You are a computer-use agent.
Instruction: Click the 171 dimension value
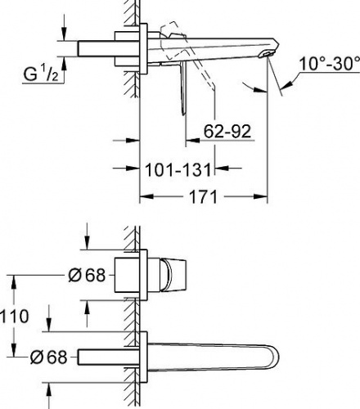pyautogui.click(x=203, y=196)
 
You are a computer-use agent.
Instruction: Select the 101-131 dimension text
pyautogui.click(x=178, y=169)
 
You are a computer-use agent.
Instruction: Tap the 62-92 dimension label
pyautogui.click(x=227, y=132)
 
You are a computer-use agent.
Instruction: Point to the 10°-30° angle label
pyautogui.click(x=330, y=64)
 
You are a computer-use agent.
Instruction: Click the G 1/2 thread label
pyautogui.click(x=41, y=74)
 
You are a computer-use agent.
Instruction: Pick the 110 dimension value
pyautogui.click(x=14, y=317)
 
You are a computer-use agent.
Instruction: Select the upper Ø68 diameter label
pyautogui.click(x=87, y=275)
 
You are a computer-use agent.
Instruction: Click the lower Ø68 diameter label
pyautogui.click(x=48, y=357)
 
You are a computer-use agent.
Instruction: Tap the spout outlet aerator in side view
pyautogui.click(x=266, y=53)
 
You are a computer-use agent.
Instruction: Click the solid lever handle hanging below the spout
pyautogui.click(x=183, y=87)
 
